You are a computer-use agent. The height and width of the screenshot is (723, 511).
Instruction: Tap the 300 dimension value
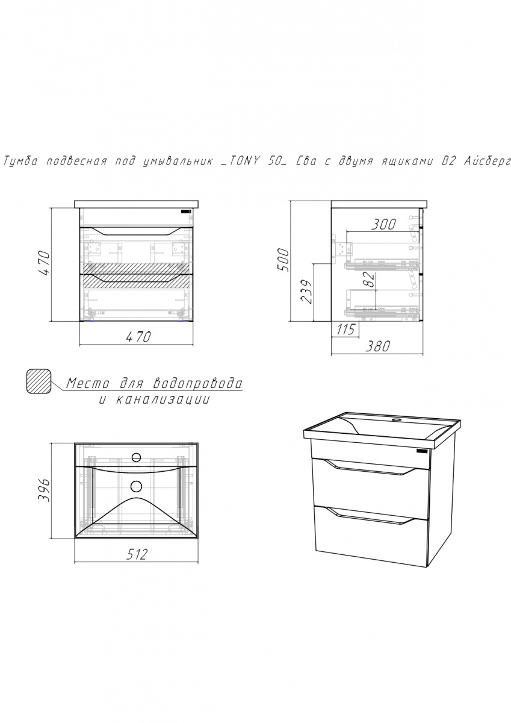pyautogui.click(x=383, y=224)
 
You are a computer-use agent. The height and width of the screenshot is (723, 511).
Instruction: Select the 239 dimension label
pyautogui.click(x=306, y=292)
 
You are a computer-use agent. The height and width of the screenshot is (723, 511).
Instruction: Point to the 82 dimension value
pyautogui.click(x=370, y=279)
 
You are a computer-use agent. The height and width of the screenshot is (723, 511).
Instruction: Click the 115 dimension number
pyautogui.click(x=345, y=329)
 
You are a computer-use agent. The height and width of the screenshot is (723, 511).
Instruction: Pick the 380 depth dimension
pyautogui.click(x=377, y=346)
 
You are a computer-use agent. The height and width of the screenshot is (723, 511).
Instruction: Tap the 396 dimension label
pyautogui.click(x=44, y=490)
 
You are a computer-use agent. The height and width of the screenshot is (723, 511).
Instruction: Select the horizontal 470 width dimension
pyautogui.click(x=138, y=337)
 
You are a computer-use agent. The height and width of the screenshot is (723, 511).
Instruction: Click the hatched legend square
pyautogui.click(x=39, y=381)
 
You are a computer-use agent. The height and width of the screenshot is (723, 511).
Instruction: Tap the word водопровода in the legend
pyautogui.click(x=198, y=384)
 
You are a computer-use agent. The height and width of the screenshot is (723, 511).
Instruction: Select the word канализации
pyautogui.click(x=162, y=400)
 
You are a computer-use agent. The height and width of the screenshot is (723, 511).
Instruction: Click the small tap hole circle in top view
pyautogui.click(x=137, y=457)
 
